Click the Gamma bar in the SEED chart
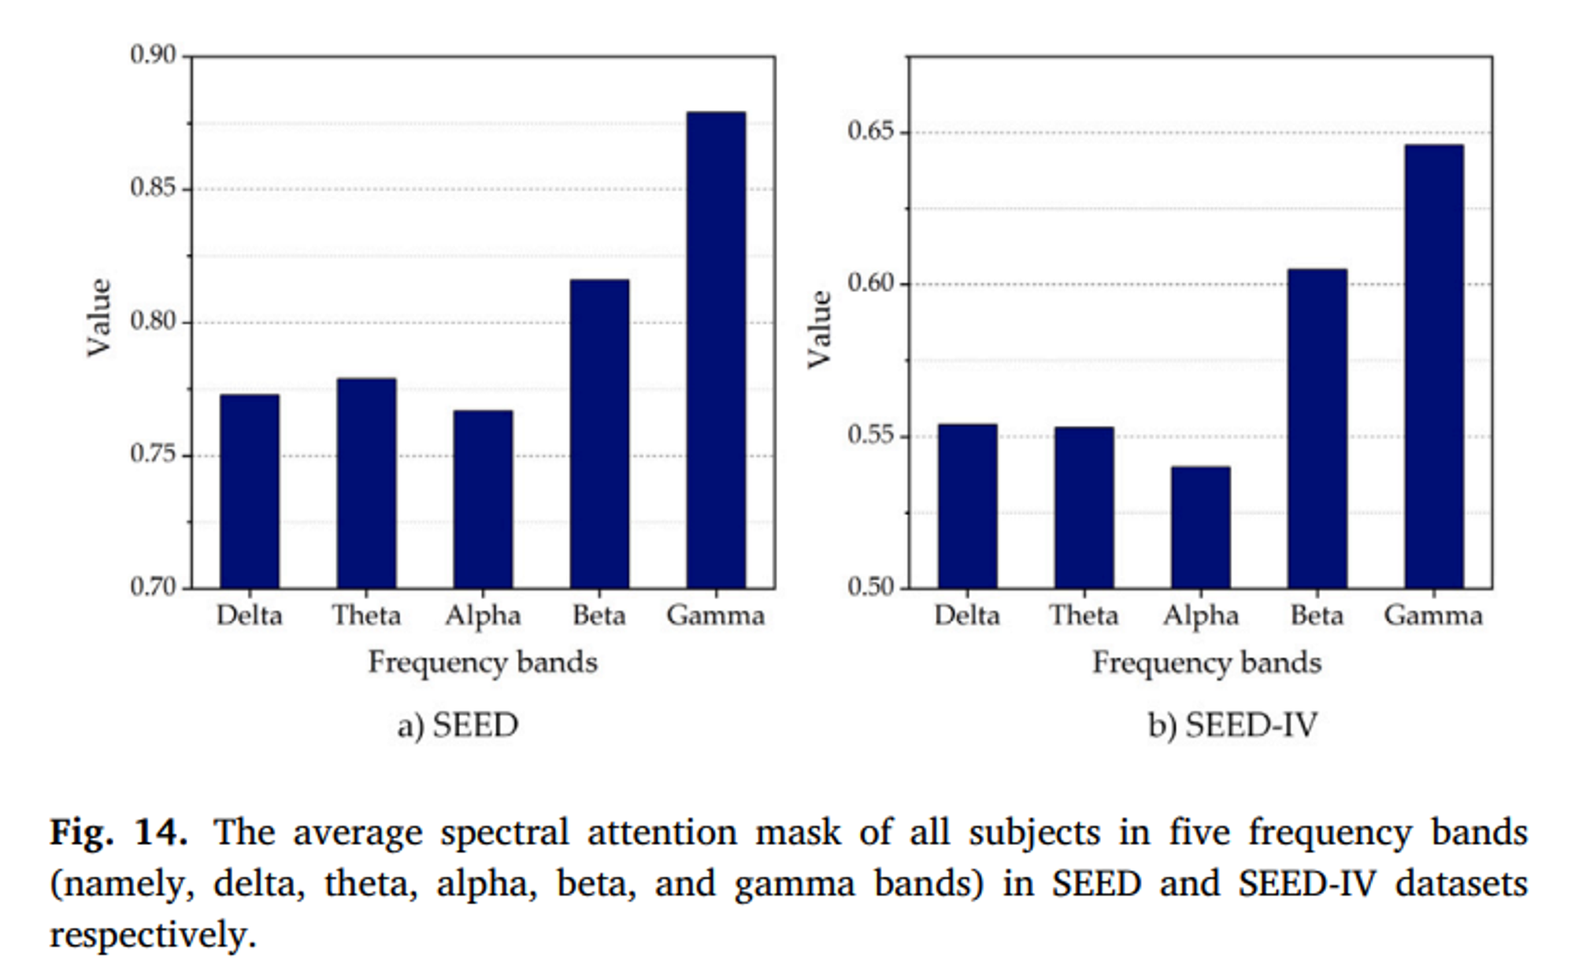pyautogui.click(x=716, y=350)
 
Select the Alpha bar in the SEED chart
pyautogui.click(x=483, y=499)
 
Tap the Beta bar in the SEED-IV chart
pyautogui.click(x=1317, y=429)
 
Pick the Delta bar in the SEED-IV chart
pyautogui.click(x=967, y=506)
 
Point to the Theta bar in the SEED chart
pyautogui.click(x=366, y=484)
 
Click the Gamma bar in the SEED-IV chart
pyautogui.click(x=1434, y=367)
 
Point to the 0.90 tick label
pyautogui.click(x=153, y=55)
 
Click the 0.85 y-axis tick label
pyautogui.click(x=153, y=188)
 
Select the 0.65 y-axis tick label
pyautogui.click(x=871, y=131)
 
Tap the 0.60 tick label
pyautogui.click(x=871, y=283)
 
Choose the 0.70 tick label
pyautogui.click(x=153, y=588)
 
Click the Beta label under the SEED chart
pyautogui.click(x=599, y=615)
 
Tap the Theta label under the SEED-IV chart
pyautogui.click(x=1084, y=615)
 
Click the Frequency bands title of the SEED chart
pyautogui.click(x=483, y=662)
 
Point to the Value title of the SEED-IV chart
pyautogui.click(x=820, y=329)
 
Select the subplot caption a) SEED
pyautogui.click(x=458, y=725)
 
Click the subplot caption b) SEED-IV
pyautogui.click(x=1232, y=725)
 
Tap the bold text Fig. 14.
pyautogui.click(x=119, y=833)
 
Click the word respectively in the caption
pyautogui.click(x=153, y=936)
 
